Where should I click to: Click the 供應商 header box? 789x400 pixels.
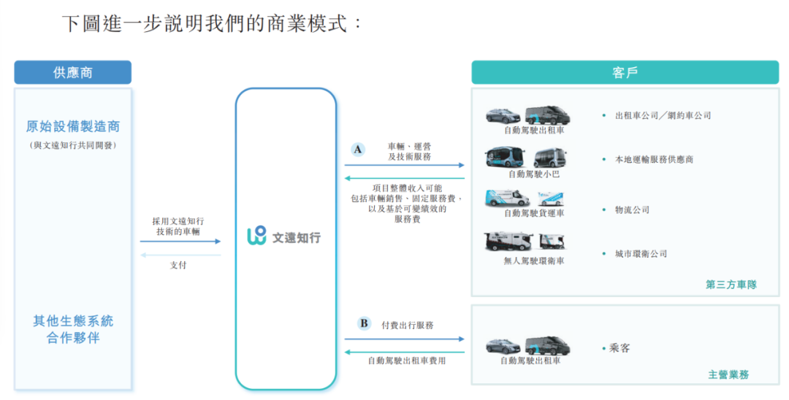72,73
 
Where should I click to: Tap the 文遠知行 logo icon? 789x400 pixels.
256,236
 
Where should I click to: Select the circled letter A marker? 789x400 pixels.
357,150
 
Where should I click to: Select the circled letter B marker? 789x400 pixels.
363,323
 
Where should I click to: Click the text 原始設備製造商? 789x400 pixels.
73,126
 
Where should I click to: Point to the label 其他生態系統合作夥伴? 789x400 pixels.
73,329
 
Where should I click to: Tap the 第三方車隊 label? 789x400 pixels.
731,285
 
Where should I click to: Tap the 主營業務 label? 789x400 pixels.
728,374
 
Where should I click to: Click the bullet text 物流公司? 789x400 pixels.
632,210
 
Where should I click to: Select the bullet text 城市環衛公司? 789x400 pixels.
641,254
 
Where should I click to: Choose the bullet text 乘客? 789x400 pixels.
620,348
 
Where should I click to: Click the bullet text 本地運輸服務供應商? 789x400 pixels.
654,159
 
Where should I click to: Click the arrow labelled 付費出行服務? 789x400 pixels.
404,339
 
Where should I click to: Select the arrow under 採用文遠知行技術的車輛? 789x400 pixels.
180,241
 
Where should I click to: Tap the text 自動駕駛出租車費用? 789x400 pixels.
406,361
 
